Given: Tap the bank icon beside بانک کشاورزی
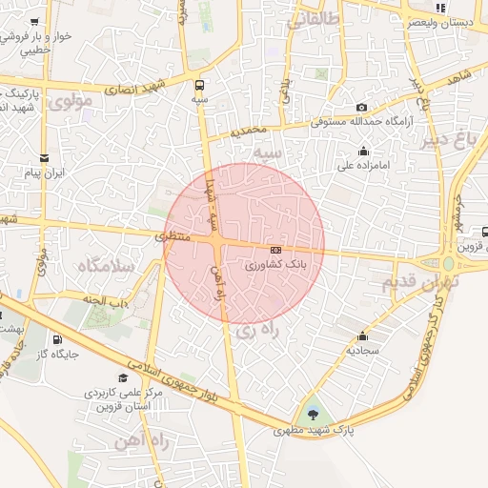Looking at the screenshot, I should pyautogui.click(x=275, y=250).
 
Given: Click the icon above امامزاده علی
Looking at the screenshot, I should pyautogui.click(x=363, y=151).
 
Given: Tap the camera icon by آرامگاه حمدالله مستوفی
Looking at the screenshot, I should pyautogui.click(x=361, y=108).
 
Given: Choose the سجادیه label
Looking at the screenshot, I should pyautogui.click(x=362, y=350).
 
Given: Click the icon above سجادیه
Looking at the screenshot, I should pyautogui.click(x=362, y=335).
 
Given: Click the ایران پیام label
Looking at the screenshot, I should pyautogui.click(x=44, y=173).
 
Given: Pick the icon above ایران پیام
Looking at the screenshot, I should pyautogui.click(x=44, y=158).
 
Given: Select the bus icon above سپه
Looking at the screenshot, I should pyautogui.click(x=199, y=83).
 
